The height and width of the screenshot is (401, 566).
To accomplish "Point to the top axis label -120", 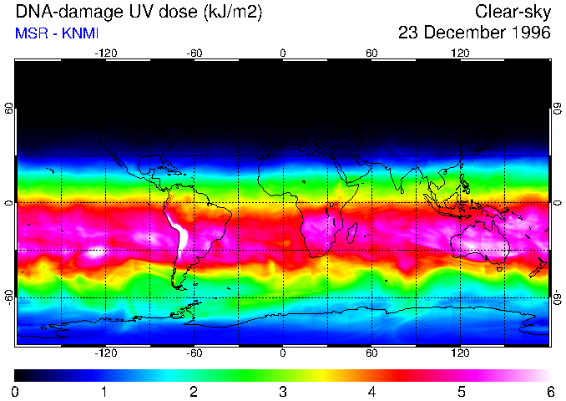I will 105,53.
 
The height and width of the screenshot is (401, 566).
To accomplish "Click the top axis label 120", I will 460,53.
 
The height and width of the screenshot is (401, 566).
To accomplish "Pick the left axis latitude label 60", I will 9,109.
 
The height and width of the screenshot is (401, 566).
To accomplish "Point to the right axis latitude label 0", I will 557,203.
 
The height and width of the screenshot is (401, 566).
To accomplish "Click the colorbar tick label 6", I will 550,391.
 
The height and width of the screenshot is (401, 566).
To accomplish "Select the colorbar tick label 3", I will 283,391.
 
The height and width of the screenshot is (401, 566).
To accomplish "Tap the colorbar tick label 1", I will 104,391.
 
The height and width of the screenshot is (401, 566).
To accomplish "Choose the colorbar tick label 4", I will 372,391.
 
